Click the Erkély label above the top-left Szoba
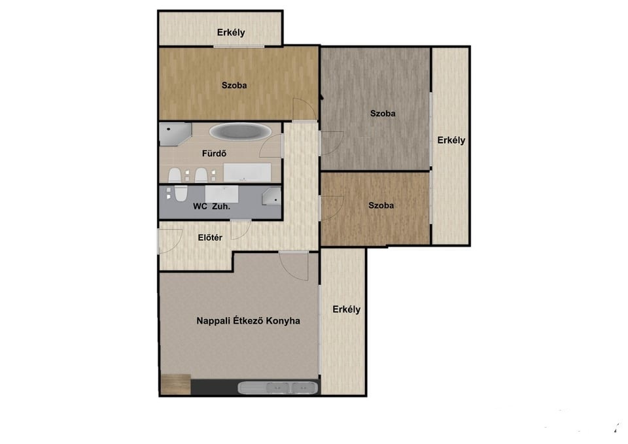(231, 33)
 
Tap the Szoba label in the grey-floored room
(383, 113)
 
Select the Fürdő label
(214, 153)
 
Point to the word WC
(200, 206)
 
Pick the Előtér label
(210, 237)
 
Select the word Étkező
(248, 320)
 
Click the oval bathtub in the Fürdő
(240, 131)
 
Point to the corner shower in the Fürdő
(175, 134)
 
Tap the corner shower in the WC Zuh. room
(271, 196)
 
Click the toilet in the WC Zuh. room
(181, 193)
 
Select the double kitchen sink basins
(290, 388)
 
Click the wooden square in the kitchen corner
(175, 384)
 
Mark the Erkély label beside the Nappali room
(347, 309)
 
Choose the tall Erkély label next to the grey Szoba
(451, 140)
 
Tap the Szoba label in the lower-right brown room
(381, 205)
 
